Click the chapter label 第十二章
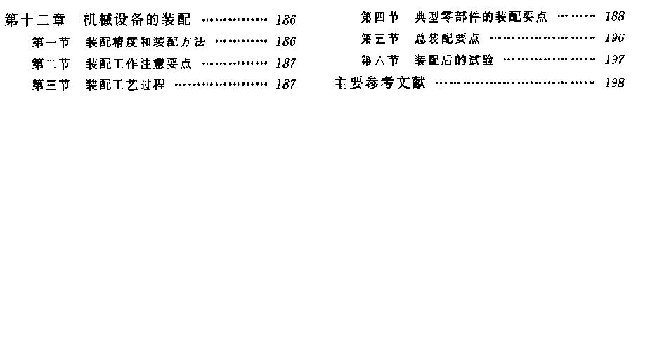35,20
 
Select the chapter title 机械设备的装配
137,20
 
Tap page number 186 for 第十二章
285,20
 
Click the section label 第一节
51,42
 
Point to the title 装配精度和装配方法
145,42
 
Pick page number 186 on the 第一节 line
285,41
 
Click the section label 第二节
51,63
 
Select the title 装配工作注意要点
139,63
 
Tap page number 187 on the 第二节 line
285,63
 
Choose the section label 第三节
51,84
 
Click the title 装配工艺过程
125,84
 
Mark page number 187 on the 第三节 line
285,84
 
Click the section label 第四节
380,17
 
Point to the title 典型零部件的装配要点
481,17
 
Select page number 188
614,16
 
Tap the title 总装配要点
448,39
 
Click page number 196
614,38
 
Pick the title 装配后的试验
454,60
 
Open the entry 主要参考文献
380,83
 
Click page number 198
614,82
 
